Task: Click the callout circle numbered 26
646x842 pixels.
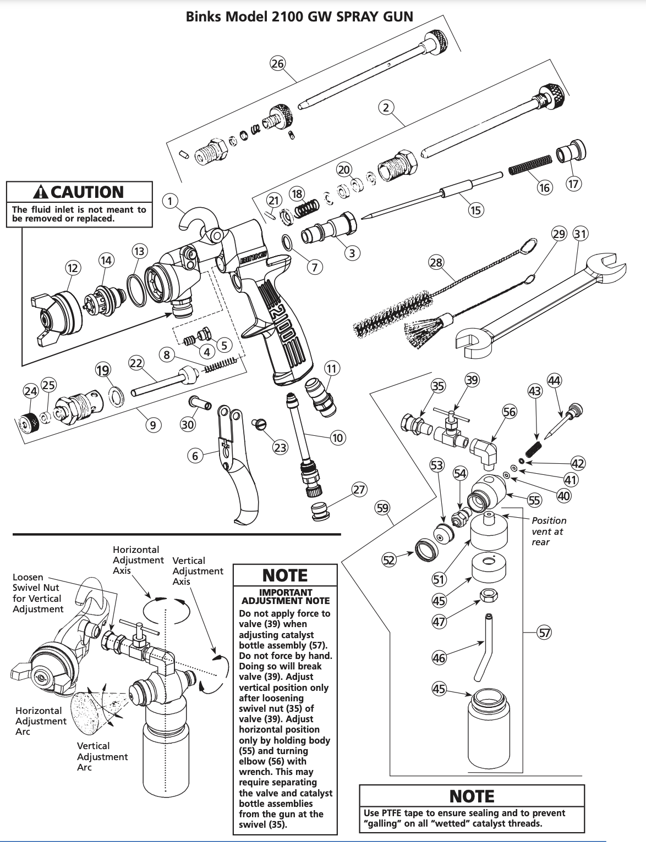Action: click(x=277, y=63)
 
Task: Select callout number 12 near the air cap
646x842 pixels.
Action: click(x=73, y=268)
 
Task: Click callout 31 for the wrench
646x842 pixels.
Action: click(x=581, y=233)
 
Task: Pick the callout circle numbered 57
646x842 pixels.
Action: click(x=544, y=633)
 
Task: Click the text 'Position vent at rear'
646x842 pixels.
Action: click(x=548, y=531)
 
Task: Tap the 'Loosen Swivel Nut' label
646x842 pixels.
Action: click(x=37, y=593)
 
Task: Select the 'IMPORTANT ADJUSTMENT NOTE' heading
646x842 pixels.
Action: click(x=285, y=596)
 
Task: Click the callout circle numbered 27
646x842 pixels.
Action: click(x=359, y=490)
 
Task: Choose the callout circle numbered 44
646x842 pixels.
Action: click(x=554, y=380)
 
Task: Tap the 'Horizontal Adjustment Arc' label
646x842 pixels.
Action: click(x=41, y=721)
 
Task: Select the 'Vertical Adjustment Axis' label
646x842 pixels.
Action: click(x=198, y=571)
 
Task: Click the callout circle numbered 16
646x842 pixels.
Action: click(x=544, y=187)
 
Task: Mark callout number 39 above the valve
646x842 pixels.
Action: click(x=472, y=380)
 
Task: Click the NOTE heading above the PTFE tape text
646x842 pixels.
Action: click(x=472, y=796)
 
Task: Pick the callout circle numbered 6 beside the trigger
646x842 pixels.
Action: click(x=195, y=456)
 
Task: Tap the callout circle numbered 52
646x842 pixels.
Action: click(x=389, y=560)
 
